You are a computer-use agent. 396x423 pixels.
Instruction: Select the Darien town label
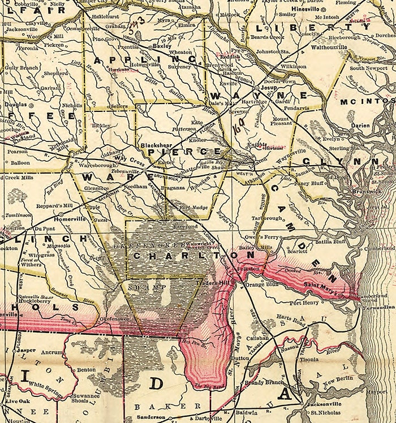[360, 126]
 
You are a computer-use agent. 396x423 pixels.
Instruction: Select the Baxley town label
[162, 46]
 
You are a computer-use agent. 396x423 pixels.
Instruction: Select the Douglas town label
[16, 105]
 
